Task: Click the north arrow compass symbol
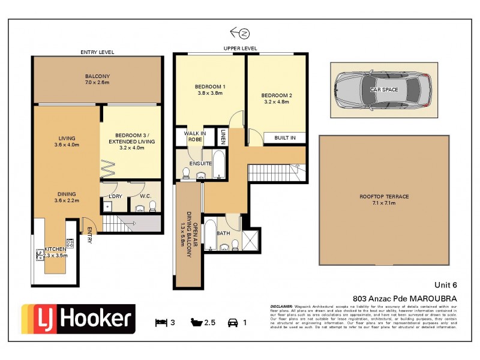coord(239,32)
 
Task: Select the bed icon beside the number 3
coord(160,323)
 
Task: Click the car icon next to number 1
coord(232,323)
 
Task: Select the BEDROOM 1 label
coord(210,89)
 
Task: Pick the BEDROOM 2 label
coord(277,98)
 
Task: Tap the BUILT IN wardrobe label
coord(284,138)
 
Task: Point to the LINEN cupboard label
coord(223,137)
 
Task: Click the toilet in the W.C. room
coord(152,206)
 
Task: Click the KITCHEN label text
coord(56,248)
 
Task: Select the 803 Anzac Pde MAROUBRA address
coord(404,298)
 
